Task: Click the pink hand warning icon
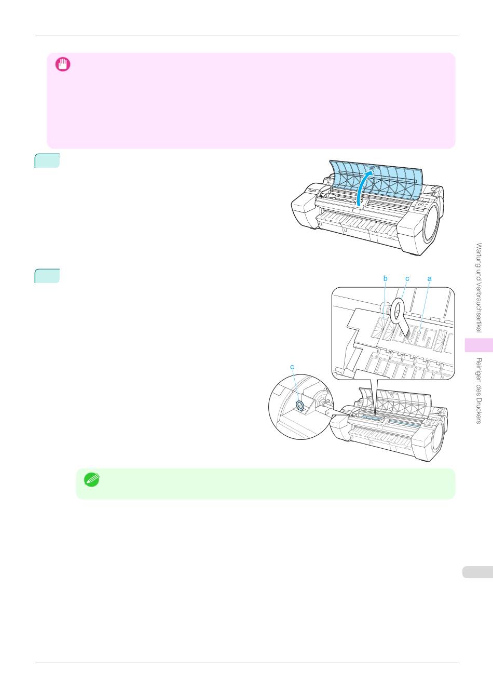[63, 64]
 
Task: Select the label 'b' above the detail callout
[386, 279]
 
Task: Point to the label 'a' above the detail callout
[430, 279]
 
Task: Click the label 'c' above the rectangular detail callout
[407, 279]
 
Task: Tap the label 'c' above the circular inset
[292, 367]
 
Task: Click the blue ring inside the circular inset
[299, 405]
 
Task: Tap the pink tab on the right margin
[478, 345]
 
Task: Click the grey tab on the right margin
[476, 572]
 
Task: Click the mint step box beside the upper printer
[47, 161]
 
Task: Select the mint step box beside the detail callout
[47, 276]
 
